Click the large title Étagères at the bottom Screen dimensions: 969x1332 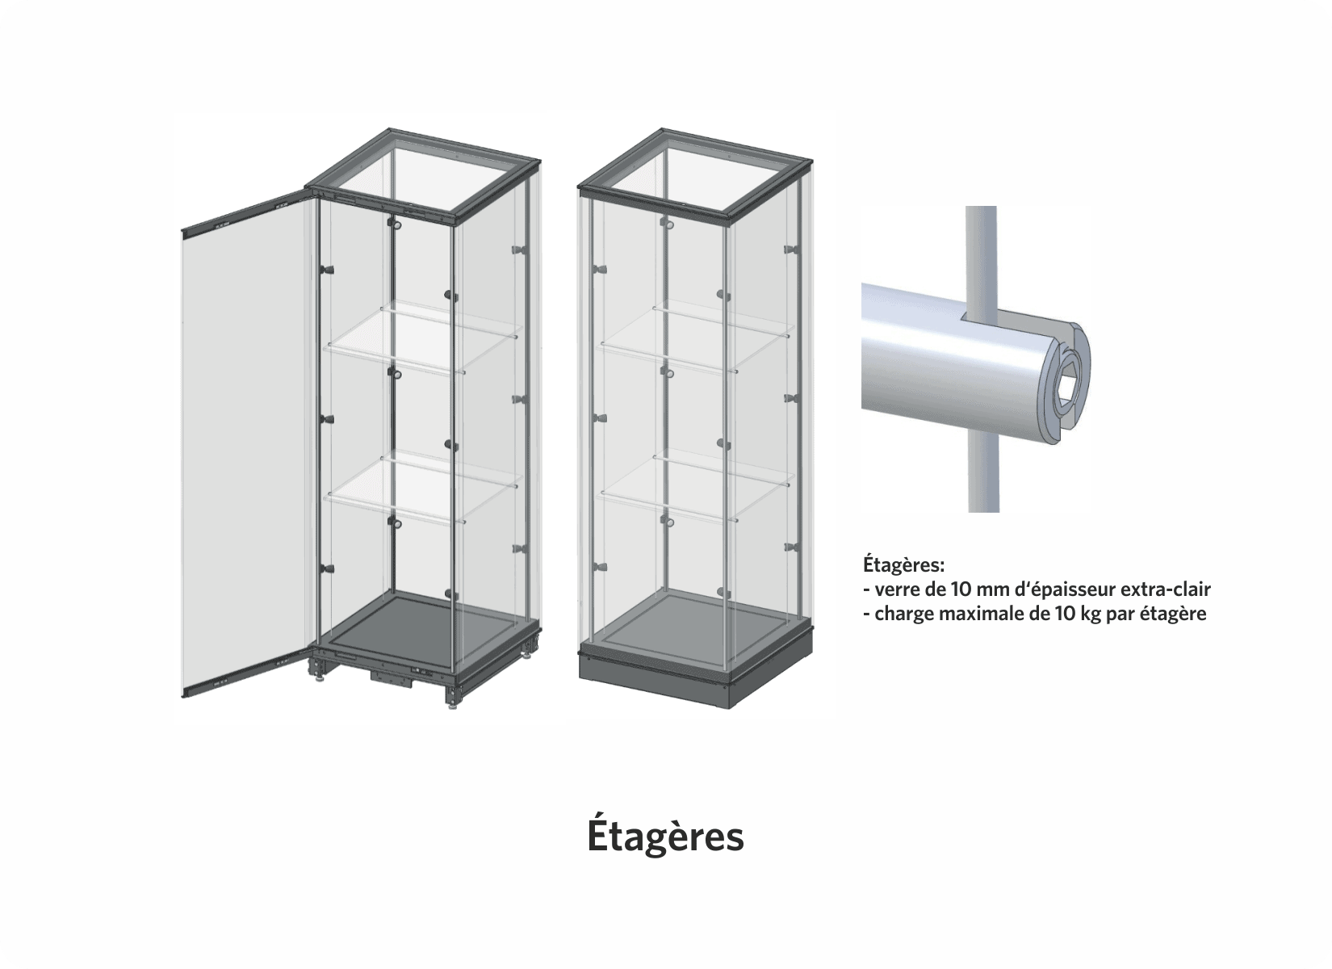[665, 837]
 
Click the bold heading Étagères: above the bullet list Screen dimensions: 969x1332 [903, 563]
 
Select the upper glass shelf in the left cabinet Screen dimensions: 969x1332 [420, 339]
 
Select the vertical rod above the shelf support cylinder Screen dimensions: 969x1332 [981, 242]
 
